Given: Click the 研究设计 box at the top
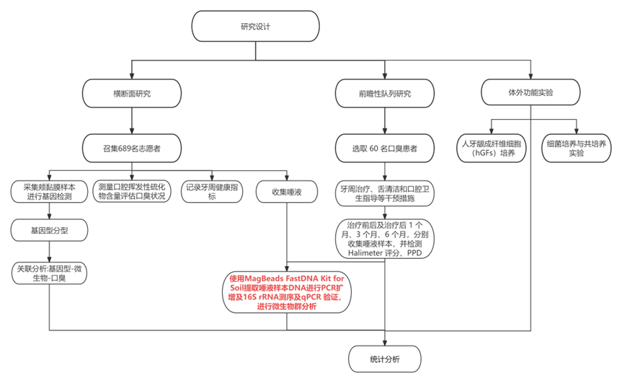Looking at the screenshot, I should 256,28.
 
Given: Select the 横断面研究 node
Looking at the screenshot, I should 131,94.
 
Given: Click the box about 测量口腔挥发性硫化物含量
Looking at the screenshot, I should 132,192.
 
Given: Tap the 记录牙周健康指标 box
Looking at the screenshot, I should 211,192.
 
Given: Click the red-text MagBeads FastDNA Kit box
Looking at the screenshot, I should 288,292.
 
